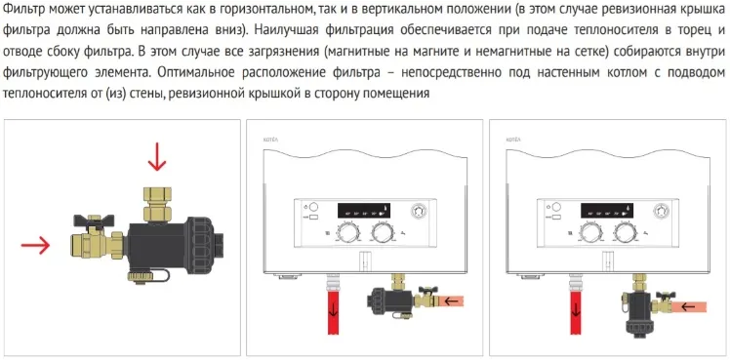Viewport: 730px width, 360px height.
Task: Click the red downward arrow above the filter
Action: [157, 158]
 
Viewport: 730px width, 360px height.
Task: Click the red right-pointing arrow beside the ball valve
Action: [35, 245]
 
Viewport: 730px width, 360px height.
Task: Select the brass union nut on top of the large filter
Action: [157, 204]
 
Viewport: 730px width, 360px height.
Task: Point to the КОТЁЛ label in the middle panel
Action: [271, 140]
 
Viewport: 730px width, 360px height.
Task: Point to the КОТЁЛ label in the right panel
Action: [513, 140]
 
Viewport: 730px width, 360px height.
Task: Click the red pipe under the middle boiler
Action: [334, 311]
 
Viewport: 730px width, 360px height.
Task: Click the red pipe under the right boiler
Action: [576, 311]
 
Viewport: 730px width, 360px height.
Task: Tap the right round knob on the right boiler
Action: [624, 232]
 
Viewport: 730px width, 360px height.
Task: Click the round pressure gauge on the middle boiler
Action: [417, 211]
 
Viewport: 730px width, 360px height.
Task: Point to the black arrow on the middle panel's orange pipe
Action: [451, 300]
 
